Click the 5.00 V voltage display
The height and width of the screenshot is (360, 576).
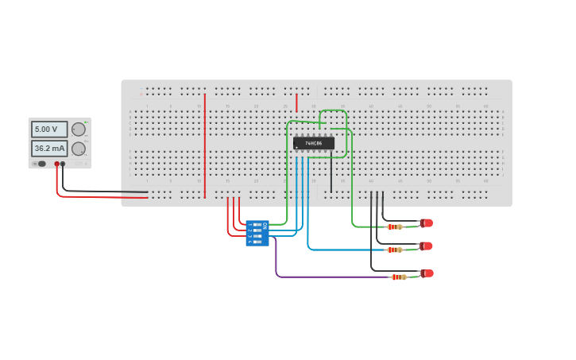click(x=49, y=129)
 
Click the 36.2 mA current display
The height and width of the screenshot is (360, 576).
click(x=49, y=149)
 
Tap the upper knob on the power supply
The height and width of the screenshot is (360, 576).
click(x=79, y=129)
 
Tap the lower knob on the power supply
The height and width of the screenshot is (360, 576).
click(x=79, y=149)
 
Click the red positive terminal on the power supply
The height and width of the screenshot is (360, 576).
click(x=57, y=164)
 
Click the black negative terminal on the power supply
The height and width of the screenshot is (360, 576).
click(x=64, y=164)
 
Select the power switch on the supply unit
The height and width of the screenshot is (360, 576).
click(x=35, y=164)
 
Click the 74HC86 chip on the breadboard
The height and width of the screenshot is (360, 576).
click(x=314, y=143)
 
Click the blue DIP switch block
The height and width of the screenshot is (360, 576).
click(x=257, y=233)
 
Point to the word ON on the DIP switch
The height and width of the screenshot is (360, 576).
click(x=265, y=226)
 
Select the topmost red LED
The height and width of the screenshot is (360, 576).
click(x=427, y=223)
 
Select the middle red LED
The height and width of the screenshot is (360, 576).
click(x=427, y=246)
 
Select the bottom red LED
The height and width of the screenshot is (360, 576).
click(x=427, y=273)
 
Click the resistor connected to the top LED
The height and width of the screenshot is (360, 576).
click(x=394, y=226)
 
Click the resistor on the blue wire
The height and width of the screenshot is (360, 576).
click(x=394, y=250)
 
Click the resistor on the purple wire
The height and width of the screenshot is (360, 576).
click(x=399, y=277)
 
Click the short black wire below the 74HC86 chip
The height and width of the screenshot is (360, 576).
click(x=331, y=175)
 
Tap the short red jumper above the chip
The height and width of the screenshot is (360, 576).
click(x=296, y=102)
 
